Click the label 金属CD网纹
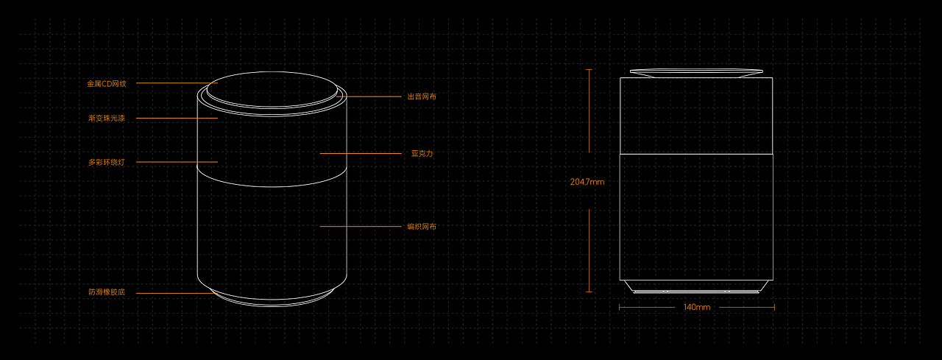(x=107, y=84)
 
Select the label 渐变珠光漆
(x=107, y=119)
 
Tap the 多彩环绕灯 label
(x=107, y=162)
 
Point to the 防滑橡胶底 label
(x=107, y=292)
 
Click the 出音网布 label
(x=422, y=96)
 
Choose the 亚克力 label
(x=422, y=154)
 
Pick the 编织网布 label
(x=422, y=227)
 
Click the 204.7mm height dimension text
(x=587, y=182)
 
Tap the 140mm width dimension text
(x=696, y=307)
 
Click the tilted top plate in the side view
(x=696, y=72)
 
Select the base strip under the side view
(x=696, y=291)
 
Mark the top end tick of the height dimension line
(x=589, y=69)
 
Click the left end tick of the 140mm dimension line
(x=620, y=307)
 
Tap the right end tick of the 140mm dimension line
(x=774, y=307)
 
